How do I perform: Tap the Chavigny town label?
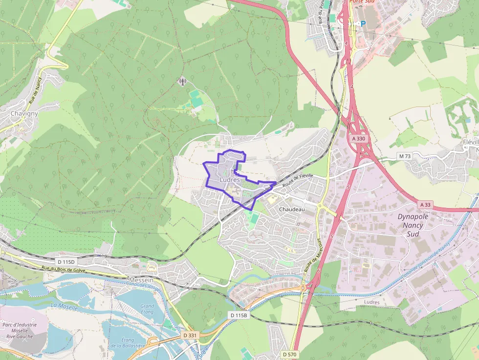pos(24,114)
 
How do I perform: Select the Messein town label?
pos(141,280)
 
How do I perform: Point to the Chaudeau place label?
pos(291,209)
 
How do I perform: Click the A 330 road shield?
pos(358,139)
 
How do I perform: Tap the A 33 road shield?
pos(425,204)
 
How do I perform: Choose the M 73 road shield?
pos(403,156)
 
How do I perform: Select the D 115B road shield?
pos(239,316)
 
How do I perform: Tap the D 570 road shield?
pos(290,354)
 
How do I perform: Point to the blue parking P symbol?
pos(363,23)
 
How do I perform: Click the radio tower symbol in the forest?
pos(183,81)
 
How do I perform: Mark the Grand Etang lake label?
pos(147,309)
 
